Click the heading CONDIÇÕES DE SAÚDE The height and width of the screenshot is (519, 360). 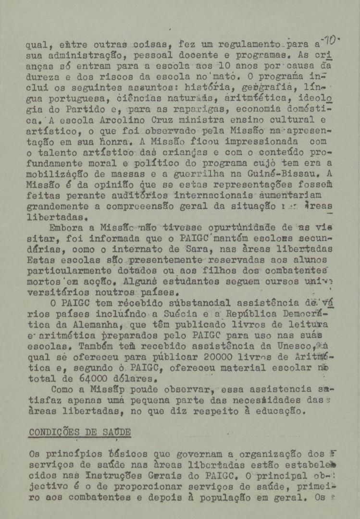tap(79, 432)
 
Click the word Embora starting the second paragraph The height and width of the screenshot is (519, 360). tap(66, 228)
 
